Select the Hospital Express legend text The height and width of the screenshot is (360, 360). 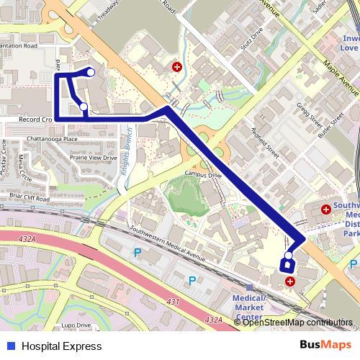(x=62, y=346)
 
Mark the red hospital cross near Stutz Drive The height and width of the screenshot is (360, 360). (x=176, y=67)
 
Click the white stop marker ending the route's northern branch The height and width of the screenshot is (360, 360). (x=91, y=71)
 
